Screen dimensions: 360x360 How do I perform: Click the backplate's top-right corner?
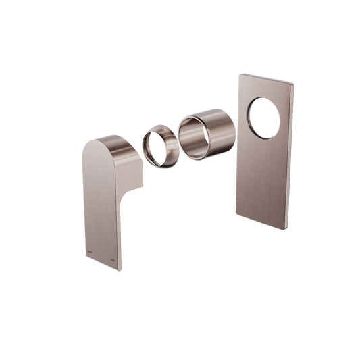(292, 83)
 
